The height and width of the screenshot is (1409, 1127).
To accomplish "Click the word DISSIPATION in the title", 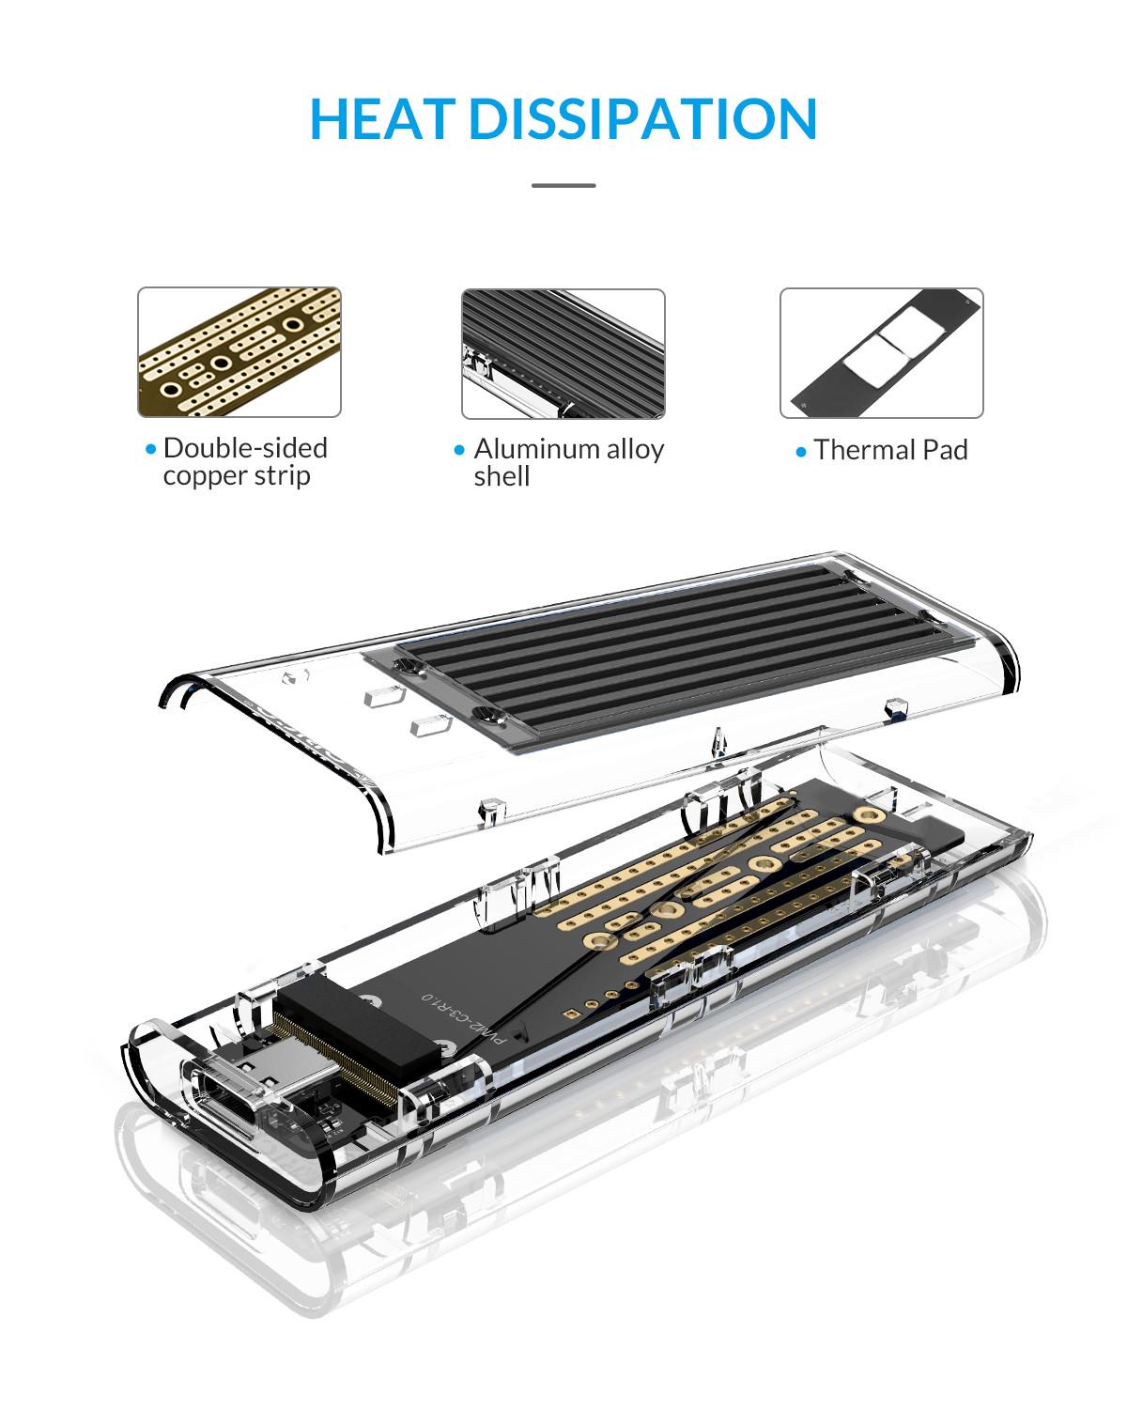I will [x=642, y=119].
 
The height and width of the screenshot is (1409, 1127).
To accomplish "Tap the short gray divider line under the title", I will [x=563, y=185].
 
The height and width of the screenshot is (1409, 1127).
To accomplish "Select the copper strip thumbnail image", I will [x=239, y=352].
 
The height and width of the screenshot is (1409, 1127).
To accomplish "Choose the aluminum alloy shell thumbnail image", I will [x=563, y=353].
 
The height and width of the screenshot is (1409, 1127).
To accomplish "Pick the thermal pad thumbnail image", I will [x=881, y=353].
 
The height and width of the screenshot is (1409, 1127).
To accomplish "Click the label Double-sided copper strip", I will [x=244, y=461].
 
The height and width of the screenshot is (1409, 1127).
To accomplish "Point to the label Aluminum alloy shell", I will [x=567, y=462].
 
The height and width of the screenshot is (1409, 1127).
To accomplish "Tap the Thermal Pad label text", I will [x=890, y=450].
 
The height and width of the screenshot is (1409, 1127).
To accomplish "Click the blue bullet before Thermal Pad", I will [x=801, y=453].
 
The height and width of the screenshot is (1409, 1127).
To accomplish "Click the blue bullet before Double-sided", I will [x=150, y=450].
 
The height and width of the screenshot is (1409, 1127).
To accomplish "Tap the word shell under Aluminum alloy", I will [x=502, y=477].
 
